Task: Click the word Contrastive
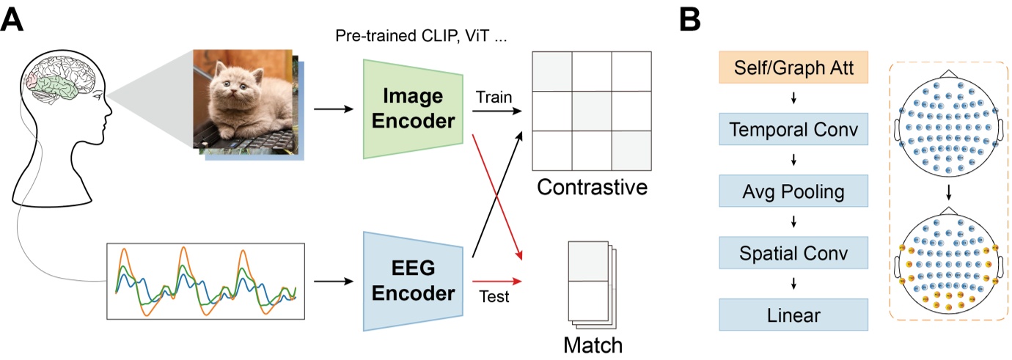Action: pos(592,188)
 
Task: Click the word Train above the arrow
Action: pos(492,96)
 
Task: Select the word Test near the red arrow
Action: pos(493,297)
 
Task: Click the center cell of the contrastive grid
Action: pos(592,111)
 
